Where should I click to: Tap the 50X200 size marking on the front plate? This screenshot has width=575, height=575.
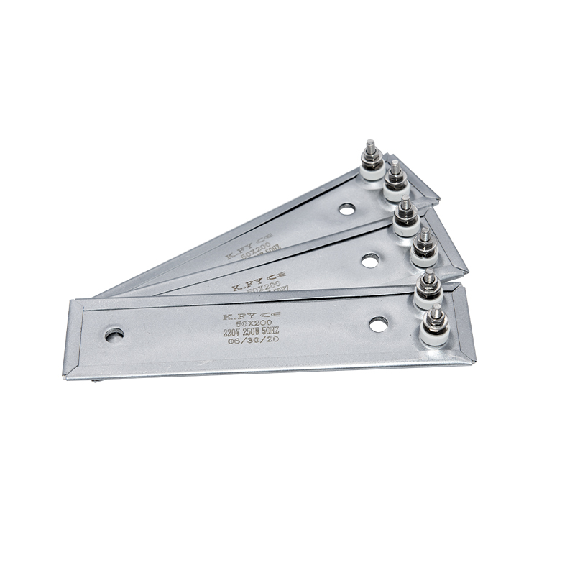click(244, 326)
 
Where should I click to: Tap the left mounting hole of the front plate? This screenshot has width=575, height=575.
click(114, 334)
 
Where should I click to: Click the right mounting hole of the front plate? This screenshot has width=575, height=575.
click(379, 324)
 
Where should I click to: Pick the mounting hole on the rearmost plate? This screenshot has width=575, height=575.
click(347, 209)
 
